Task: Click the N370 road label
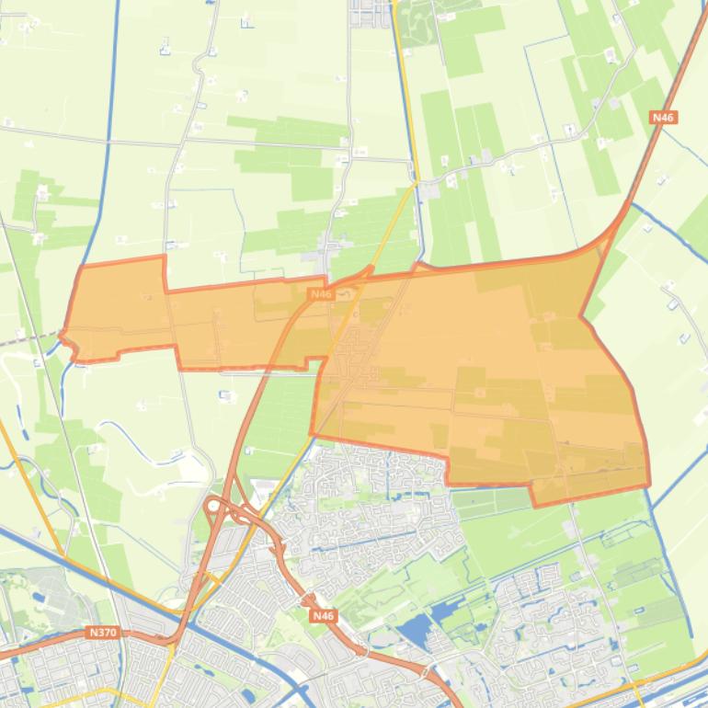coord(104,633)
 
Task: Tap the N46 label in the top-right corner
coord(662,118)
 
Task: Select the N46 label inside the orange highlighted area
coord(320,294)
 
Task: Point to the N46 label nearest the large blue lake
coord(323,615)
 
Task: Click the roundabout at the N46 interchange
coord(213,506)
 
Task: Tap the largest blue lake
coord(416,630)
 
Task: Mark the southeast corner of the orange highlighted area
coord(649,484)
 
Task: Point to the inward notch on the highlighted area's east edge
coord(581,317)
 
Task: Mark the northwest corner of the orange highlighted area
coord(83,268)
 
